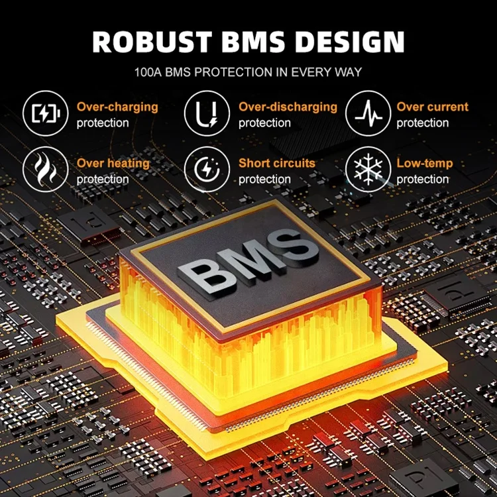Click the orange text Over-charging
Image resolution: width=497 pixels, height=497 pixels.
coord(117,107)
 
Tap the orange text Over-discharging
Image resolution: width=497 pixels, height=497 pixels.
coord(288,107)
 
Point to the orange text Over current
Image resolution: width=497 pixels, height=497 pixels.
coord(432,107)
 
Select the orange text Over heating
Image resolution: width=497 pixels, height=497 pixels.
coord(113,163)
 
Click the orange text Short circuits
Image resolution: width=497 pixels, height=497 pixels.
coord(277,163)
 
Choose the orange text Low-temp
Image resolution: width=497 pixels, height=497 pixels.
coord(424,163)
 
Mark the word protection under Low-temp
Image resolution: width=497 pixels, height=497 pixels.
coord(423,179)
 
